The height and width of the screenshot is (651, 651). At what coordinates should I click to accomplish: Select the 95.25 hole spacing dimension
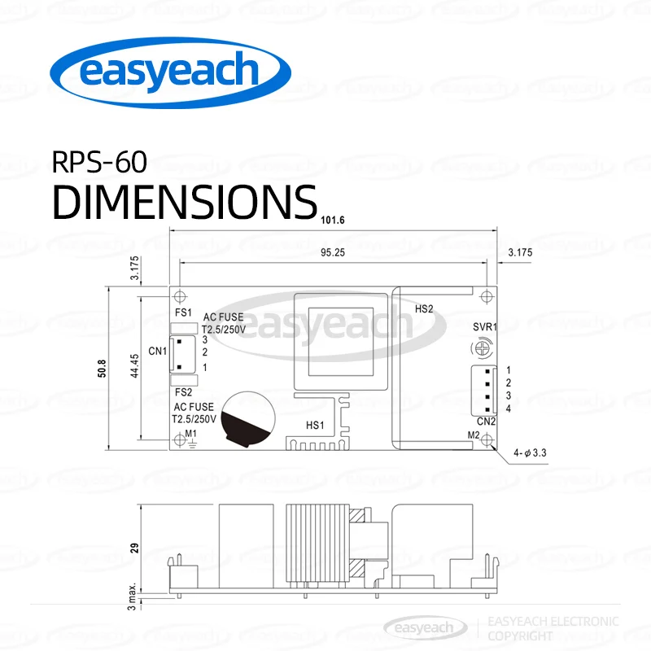[x=333, y=252]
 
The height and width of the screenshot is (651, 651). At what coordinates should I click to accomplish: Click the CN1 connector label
[x=157, y=352]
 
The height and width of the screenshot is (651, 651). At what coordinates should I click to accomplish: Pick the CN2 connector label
[x=487, y=422]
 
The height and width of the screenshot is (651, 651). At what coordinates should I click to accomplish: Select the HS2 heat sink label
[x=424, y=309]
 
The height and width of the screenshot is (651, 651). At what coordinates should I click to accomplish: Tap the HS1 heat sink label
[x=315, y=425]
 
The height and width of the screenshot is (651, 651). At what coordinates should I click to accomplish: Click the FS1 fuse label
[x=183, y=312]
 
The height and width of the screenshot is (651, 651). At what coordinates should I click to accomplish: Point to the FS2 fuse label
[x=183, y=391]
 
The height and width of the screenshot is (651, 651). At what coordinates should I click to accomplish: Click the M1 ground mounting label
[x=191, y=435]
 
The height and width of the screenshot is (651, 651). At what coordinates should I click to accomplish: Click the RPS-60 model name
[x=100, y=163]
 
